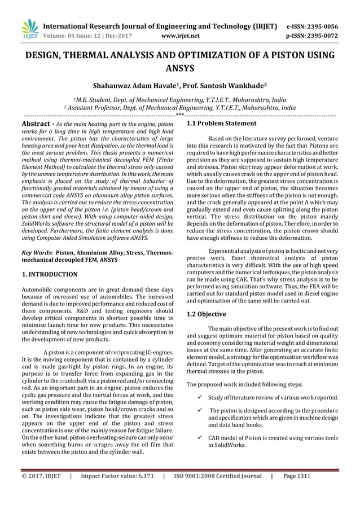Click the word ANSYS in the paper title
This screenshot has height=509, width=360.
pos(180,68)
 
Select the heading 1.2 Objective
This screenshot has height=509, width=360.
pos(207,314)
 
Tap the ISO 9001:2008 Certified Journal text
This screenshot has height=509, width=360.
pos(217,476)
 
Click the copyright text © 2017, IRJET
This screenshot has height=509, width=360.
pos(41,476)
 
